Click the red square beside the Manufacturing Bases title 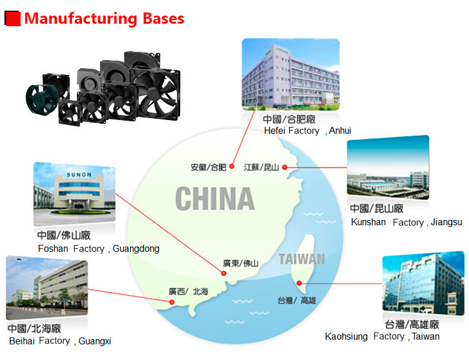[13, 19]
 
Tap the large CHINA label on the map [214, 199]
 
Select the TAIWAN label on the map [302, 259]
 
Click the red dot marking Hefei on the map [230, 167]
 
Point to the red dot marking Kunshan [285, 167]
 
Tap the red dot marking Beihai [172, 302]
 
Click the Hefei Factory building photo [290, 74]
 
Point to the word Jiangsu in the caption [446, 222]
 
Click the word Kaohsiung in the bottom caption [346, 336]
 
